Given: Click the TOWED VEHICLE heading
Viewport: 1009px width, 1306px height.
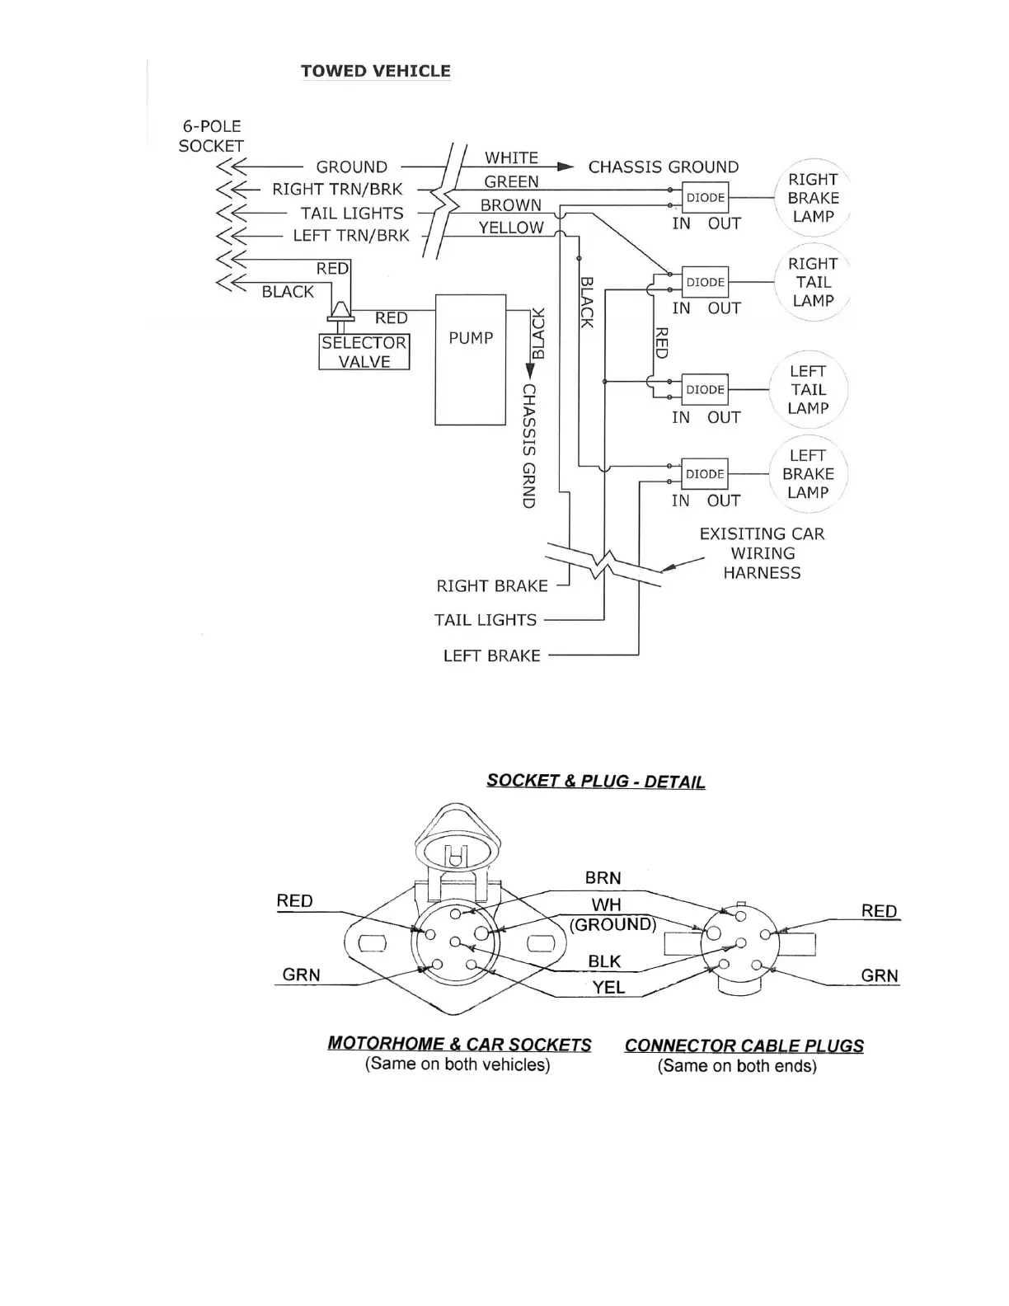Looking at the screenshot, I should pyautogui.click(x=375, y=71).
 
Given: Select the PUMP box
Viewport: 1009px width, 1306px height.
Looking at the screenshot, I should pyautogui.click(x=470, y=359).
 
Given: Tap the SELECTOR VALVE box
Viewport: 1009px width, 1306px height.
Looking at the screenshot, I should pyautogui.click(x=364, y=352).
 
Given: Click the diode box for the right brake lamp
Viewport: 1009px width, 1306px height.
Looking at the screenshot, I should pyautogui.click(x=705, y=198).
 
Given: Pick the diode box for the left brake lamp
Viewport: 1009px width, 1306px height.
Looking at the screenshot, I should pyautogui.click(x=705, y=474).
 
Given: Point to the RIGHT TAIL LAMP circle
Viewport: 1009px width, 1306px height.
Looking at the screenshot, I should pyautogui.click(x=813, y=282).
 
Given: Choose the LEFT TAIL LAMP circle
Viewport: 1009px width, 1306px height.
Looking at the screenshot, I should pyautogui.click(x=808, y=390).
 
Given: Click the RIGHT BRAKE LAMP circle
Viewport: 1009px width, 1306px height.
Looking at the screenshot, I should pyautogui.click(x=813, y=198).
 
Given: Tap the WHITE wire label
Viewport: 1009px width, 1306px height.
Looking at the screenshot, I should pyautogui.click(x=511, y=157).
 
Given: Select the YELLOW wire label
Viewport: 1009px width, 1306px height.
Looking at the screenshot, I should pyautogui.click(x=511, y=228).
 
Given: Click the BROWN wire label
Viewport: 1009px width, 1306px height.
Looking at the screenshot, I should pyautogui.click(x=511, y=205).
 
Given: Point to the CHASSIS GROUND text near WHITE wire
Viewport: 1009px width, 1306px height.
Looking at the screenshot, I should pyautogui.click(x=663, y=167).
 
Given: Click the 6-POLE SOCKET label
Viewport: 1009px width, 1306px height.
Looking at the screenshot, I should pyautogui.click(x=211, y=136).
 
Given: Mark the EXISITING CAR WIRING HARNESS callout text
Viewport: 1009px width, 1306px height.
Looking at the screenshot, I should pyautogui.click(x=762, y=553).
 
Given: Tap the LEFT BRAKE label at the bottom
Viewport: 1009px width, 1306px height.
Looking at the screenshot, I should pyautogui.click(x=491, y=656).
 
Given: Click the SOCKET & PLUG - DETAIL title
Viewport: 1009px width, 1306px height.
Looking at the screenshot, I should pyautogui.click(x=595, y=781).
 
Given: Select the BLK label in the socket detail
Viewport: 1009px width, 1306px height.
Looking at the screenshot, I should pyautogui.click(x=604, y=961).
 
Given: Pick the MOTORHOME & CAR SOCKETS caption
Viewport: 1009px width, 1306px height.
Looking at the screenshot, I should pyautogui.click(x=459, y=1044).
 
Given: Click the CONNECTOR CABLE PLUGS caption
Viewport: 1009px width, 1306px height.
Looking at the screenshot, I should pyautogui.click(x=744, y=1045).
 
